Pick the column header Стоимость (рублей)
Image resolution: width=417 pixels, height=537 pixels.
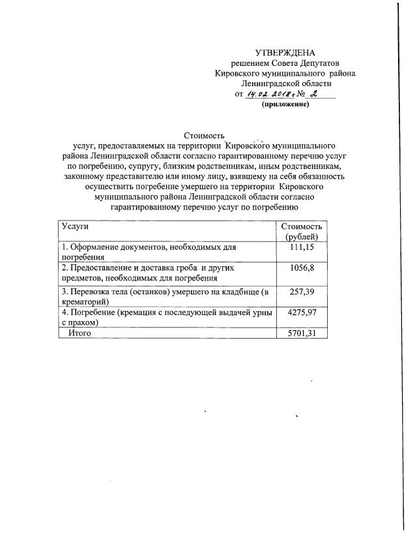pos(302,231)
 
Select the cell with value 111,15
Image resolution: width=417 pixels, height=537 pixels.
pos(302,248)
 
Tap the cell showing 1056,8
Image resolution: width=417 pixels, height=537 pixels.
pos(302,268)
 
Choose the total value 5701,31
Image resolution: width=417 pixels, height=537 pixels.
pos(302,333)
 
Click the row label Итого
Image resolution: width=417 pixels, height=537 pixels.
pos(79,333)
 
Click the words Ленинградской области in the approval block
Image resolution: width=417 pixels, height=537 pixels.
pos(285,84)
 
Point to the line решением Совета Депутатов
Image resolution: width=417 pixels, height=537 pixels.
pos(285,63)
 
